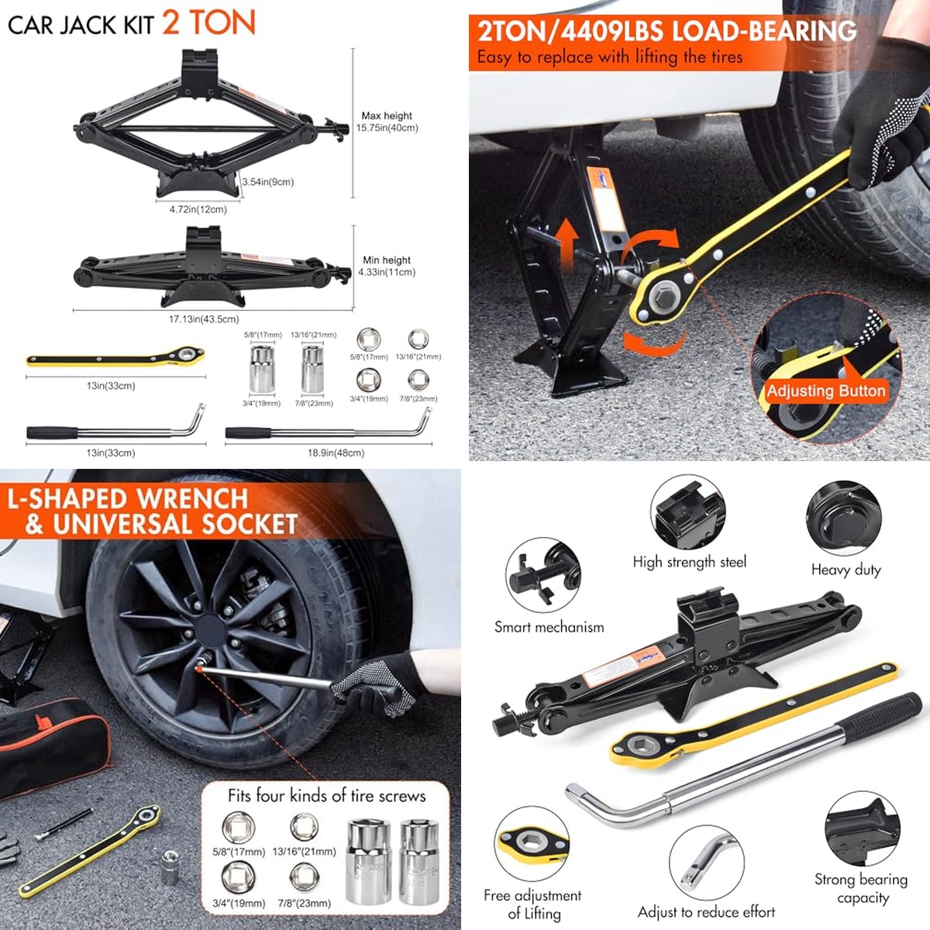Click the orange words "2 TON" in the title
tap(208, 23)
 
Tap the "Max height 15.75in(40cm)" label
tap(387, 122)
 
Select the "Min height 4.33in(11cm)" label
tap(387, 266)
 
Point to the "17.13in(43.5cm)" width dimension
tap(204, 319)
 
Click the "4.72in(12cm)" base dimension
tap(198, 209)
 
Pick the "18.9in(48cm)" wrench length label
tap(336, 453)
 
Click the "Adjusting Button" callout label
tap(825, 391)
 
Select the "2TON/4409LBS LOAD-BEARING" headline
tap(666, 32)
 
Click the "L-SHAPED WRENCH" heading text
tap(127, 498)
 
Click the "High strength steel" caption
tap(689, 562)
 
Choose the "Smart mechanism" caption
tap(549, 627)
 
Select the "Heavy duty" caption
tap(846, 570)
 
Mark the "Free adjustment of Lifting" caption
tap(532, 904)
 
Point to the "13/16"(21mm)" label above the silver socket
tap(313, 335)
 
